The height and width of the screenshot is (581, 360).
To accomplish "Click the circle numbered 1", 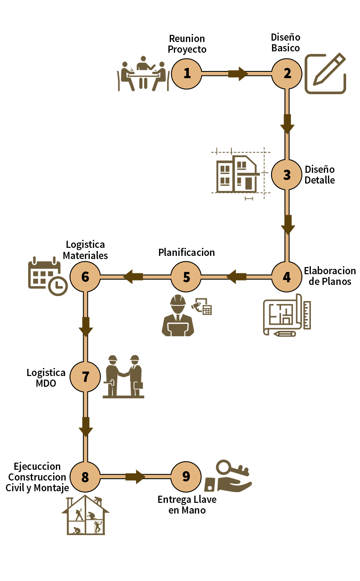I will coord(187,73).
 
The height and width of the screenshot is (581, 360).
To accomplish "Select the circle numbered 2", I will coord(287,73).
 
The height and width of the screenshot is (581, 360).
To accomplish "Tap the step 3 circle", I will coord(287,175).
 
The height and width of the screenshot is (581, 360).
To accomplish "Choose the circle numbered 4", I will coord(287,277).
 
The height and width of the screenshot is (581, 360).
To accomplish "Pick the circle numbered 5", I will coord(186,277).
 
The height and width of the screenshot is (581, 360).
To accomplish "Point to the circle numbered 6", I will coord(85,277).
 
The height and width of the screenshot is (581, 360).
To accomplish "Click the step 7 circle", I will coord(85,377).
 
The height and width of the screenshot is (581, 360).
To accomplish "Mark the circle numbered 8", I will coord(85,477).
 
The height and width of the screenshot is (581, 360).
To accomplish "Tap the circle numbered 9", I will coord(186,476).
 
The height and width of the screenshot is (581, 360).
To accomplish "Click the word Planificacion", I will coord(186,252).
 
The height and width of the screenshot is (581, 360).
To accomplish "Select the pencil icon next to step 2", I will coord(326,73).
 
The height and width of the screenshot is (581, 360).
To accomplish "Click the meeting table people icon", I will coord(143,75).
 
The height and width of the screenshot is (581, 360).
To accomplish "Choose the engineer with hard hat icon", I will coord(178,315).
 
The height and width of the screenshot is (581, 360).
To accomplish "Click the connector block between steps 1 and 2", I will coord(238,73).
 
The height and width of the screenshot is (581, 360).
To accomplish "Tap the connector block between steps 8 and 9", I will coord(135,477).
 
